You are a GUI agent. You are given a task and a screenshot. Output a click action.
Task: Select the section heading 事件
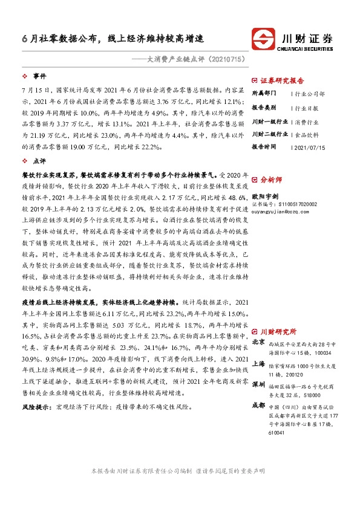coord(39,77)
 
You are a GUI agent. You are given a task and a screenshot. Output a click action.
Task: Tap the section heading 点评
coord(39,161)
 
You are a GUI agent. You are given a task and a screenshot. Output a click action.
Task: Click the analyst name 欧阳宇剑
coord(264,196)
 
